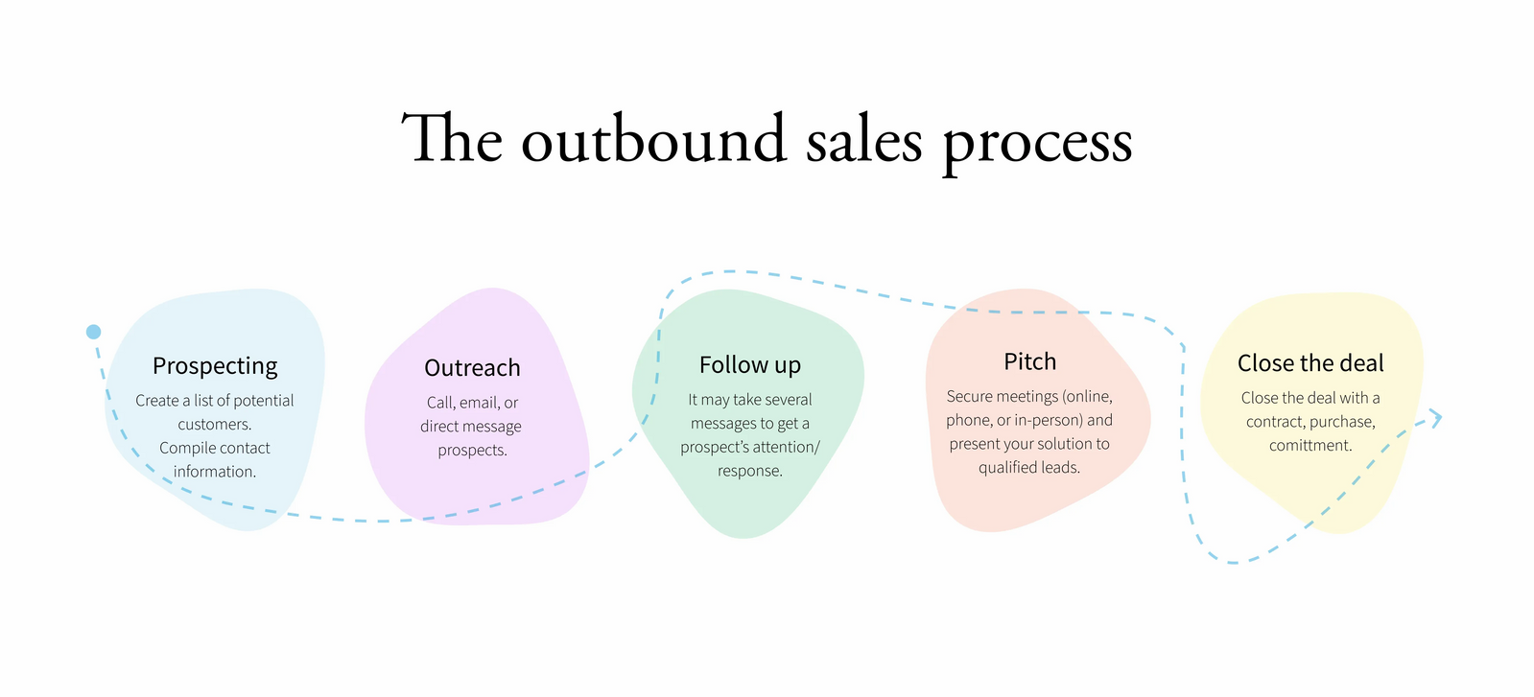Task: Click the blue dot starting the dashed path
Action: tap(93, 332)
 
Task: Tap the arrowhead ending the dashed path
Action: tap(1435, 417)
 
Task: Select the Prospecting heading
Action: tap(215, 366)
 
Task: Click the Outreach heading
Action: tap(472, 368)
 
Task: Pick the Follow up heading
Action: tap(749, 365)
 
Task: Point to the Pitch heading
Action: tap(1029, 361)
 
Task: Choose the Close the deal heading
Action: tap(1310, 363)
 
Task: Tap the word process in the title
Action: tap(1037, 142)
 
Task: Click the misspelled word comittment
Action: tap(1310, 446)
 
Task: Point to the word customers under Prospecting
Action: tap(214, 425)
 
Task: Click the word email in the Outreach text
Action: tap(479, 403)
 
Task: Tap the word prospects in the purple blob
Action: tap(472, 451)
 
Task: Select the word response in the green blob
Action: tap(749, 472)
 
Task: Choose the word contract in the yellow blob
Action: tap(1274, 422)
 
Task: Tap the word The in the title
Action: tap(451, 140)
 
